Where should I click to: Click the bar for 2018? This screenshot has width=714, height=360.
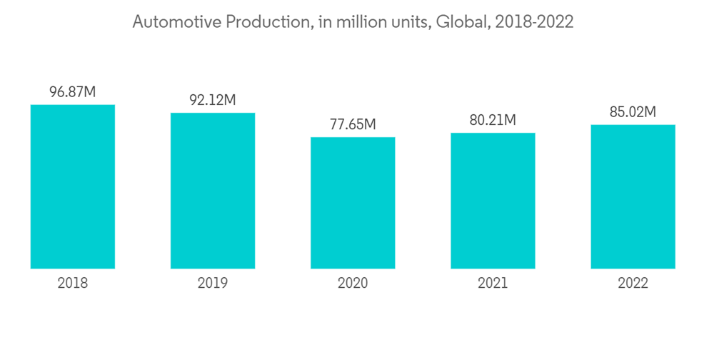(x=72, y=187)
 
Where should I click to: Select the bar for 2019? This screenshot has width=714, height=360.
(x=212, y=191)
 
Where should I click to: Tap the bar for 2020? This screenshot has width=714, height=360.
(x=353, y=203)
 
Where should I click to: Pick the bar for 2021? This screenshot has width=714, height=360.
(x=493, y=201)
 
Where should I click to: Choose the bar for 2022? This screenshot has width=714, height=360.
(x=633, y=196)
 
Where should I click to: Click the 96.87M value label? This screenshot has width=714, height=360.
(x=72, y=92)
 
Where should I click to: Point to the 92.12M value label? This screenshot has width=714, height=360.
(x=212, y=100)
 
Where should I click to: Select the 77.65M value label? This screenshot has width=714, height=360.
(x=353, y=124)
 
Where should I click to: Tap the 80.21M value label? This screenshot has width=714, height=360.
(x=493, y=120)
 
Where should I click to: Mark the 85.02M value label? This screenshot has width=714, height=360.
(x=633, y=112)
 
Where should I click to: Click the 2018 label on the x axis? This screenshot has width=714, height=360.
(x=72, y=284)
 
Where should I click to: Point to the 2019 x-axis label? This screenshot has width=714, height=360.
(x=212, y=284)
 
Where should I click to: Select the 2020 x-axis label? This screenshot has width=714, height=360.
(x=353, y=284)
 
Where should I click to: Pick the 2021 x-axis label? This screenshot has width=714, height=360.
(x=493, y=284)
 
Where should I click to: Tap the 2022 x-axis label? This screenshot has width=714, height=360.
(x=633, y=284)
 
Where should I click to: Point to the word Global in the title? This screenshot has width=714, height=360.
(x=461, y=22)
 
